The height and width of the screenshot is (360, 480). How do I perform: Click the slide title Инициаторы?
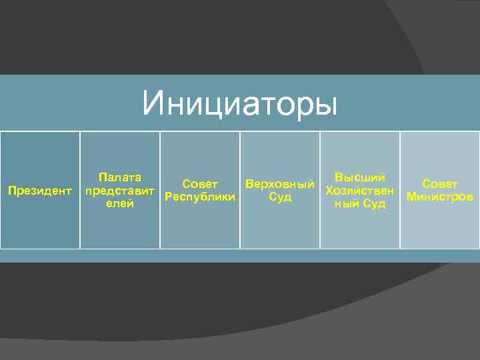[240, 104]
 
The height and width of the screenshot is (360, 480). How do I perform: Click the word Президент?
[39, 191]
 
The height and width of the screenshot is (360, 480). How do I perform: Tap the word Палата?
[119, 177]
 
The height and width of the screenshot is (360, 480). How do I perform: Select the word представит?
[121, 191]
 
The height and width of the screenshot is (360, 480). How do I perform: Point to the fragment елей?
[120, 204]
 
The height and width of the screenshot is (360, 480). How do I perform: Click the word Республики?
[199, 197]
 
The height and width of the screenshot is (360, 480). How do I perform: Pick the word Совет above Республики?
[200, 184]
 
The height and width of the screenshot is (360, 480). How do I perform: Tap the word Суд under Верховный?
[280, 197]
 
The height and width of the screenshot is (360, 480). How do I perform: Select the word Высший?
[360, 177]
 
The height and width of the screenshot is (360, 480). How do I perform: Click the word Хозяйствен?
[360, 191]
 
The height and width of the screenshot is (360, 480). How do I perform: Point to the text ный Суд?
[360, 204]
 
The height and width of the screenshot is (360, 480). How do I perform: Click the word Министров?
[440, 197]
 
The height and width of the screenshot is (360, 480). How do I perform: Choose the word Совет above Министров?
[440, 184]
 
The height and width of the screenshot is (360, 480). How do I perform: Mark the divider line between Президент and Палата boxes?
[80, 190]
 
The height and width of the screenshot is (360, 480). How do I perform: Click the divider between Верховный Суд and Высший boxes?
[320, 190]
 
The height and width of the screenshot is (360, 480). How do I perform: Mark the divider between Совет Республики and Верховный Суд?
[240, 190]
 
